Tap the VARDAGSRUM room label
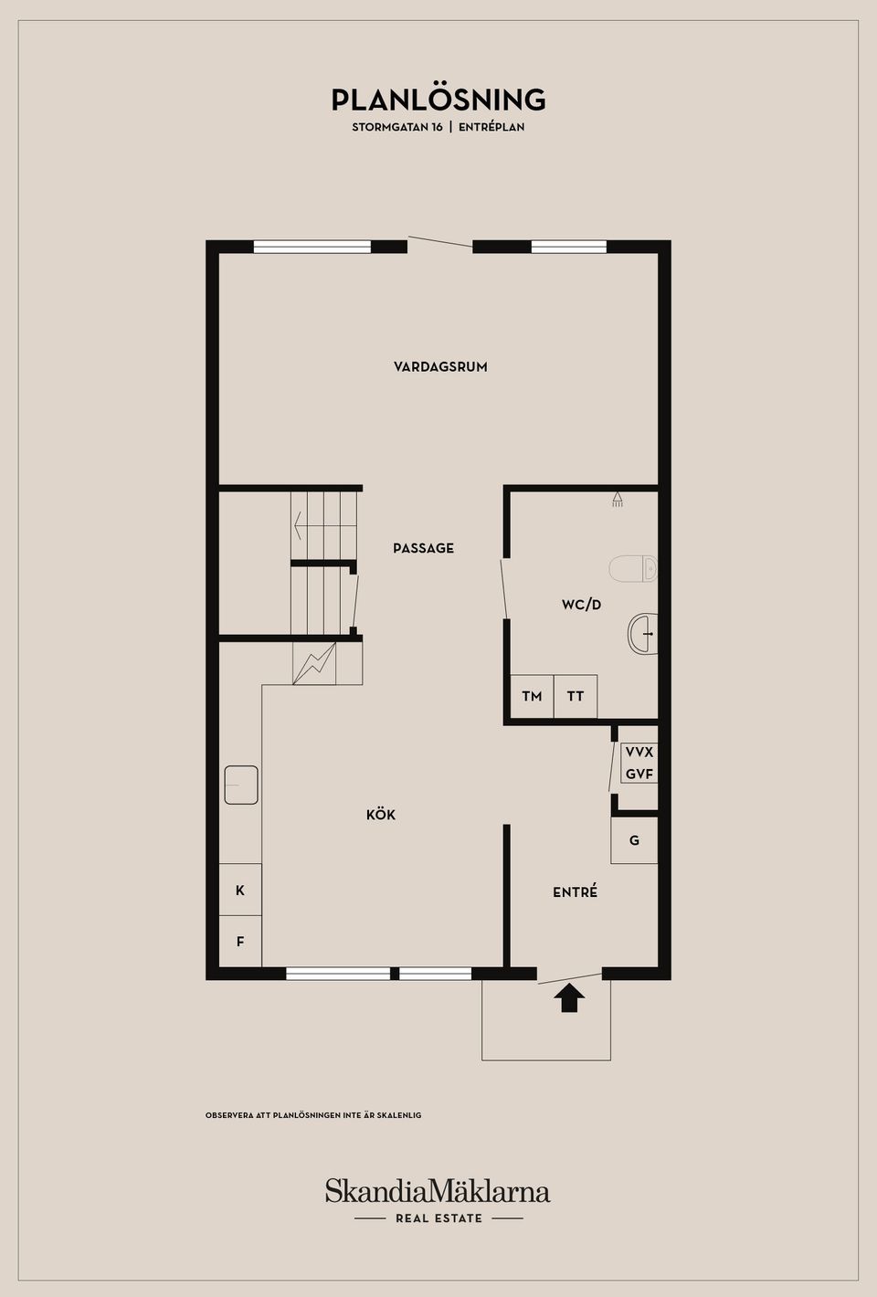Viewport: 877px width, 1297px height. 440,366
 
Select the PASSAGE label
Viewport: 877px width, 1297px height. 424,548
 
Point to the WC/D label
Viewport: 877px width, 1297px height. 581,605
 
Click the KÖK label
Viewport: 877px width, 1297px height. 381,815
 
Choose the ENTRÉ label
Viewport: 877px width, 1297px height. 575,891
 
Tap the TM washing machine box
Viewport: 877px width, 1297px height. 532,697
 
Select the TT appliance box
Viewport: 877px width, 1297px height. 576,697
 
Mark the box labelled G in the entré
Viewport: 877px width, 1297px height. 634,840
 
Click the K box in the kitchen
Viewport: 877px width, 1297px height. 240,890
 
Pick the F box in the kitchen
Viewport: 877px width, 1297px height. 240,942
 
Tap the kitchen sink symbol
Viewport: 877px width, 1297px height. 241,785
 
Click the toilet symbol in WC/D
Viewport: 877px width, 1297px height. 633,569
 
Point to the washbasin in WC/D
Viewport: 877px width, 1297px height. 643,634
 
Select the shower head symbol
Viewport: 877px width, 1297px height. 618,500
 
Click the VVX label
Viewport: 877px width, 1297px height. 639,752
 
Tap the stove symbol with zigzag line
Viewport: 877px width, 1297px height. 314,663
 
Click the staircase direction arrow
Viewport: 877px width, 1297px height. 325,525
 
